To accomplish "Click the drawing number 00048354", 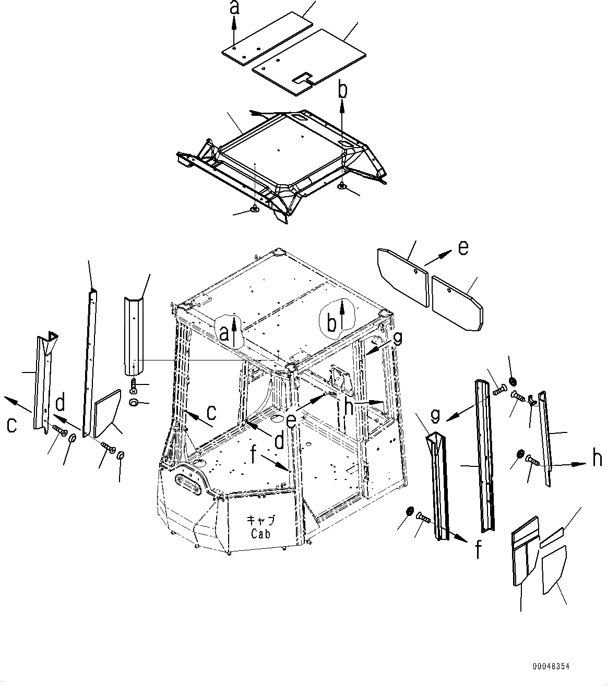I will tap(551, 667).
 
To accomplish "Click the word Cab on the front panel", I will tap(261, 534).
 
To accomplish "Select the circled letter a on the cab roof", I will tap(224, 333).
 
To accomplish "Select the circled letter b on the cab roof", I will tap(331, 323).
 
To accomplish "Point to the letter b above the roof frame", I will tap(342, 90).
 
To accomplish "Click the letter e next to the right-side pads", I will tap(462, 248).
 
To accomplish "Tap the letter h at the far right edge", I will tap(597, 459).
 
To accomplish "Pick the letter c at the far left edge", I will tap(11, 425).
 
